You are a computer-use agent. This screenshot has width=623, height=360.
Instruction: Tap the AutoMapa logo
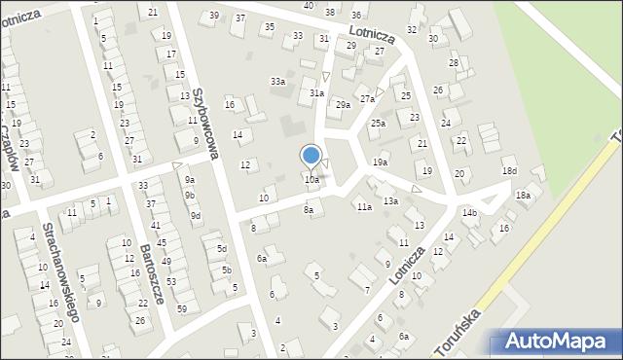pyautogui.click(x=559, y=342)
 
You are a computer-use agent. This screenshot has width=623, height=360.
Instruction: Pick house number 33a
pyautogui.click(x=278, y=82)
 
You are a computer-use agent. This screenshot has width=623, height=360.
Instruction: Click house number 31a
pyautogui.click(x=316, y=92)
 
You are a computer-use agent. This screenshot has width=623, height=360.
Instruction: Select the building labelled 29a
pyautogui.click(x=343, y=104)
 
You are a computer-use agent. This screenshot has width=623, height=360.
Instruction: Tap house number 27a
pyautogui.click(x=367, y=98)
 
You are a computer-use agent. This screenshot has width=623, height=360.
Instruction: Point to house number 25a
pyautogui.click(x=378, y=124)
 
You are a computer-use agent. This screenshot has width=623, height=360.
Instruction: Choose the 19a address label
pyautogui.click(x=381, y=162)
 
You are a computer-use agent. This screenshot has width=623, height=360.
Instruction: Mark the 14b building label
pyautogui.click(x=470, y=212)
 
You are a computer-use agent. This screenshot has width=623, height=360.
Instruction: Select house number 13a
pyautogui.click(x=390, y=200)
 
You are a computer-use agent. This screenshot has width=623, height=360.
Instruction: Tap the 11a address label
pyautogui.click(x=363, y=207)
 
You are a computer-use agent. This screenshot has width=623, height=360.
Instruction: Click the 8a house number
pyautogui.click(x=309, y=209)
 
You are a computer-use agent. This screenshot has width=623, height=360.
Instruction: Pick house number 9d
pyautogui.click(x=196, y=215)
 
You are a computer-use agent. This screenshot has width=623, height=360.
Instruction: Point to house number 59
pyautogui.click(x=182, y=308)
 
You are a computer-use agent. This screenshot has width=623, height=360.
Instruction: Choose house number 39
pyautogui.click(x=214, y=16)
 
